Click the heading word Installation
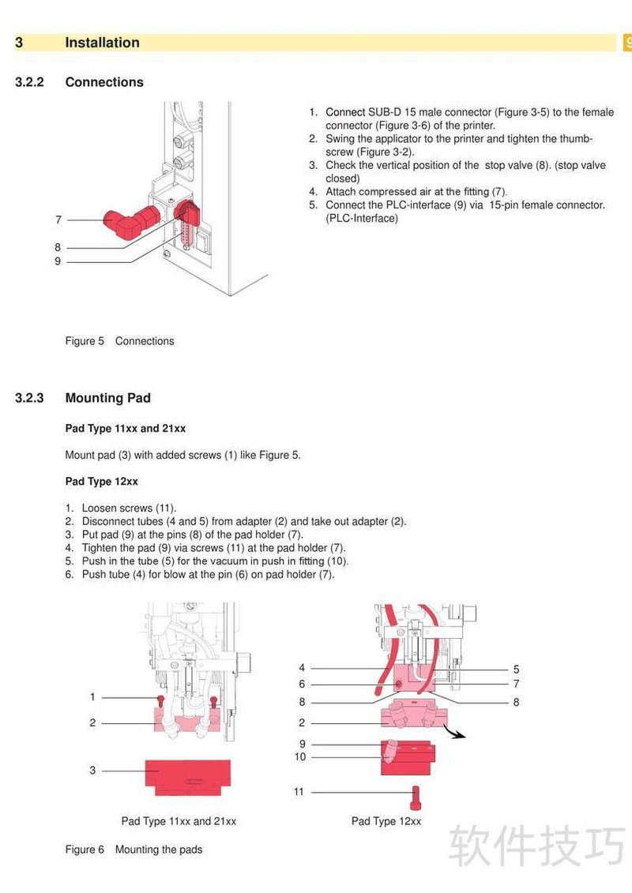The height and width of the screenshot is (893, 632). pos(102,43)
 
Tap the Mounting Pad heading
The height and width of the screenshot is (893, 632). pos(107,398)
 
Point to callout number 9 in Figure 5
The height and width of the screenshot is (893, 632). pos(58,261)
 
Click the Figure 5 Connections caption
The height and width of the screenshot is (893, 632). pos(119,341)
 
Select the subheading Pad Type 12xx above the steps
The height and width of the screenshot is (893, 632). pos(101,482)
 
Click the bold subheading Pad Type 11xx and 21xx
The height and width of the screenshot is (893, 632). pos(125,429)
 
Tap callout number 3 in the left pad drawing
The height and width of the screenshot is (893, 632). pos(92,770)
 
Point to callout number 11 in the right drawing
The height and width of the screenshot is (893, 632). pos(299,792)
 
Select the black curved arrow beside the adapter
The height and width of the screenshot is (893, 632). pos(454,733)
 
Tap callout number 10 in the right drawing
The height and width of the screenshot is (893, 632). pos(300,757)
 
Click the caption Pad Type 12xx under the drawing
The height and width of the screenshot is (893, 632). pos(386,821)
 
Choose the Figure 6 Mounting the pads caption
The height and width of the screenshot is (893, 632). pos(134,850)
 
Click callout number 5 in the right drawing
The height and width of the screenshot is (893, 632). pos(516,669)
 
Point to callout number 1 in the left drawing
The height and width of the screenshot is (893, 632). pos(92,697)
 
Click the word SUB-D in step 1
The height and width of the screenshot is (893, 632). pos(385,112)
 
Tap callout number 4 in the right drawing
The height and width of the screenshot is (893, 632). pos(302,668)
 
